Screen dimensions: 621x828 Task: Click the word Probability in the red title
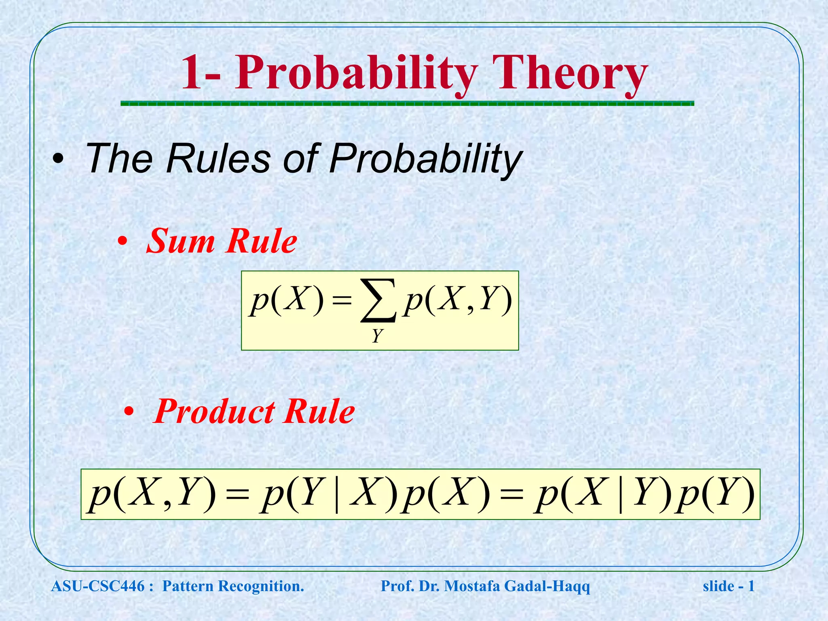point(356,73)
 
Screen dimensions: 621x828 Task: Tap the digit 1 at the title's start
point(191,73)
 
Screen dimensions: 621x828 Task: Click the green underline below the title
point(407,104)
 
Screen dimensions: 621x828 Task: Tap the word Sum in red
point(180,241)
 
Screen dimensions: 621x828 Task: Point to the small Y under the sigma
point(377,336)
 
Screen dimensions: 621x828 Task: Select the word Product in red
point(214,412)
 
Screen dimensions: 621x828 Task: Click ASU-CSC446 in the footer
point(98,586)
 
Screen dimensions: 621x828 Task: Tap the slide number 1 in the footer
point(751,586)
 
